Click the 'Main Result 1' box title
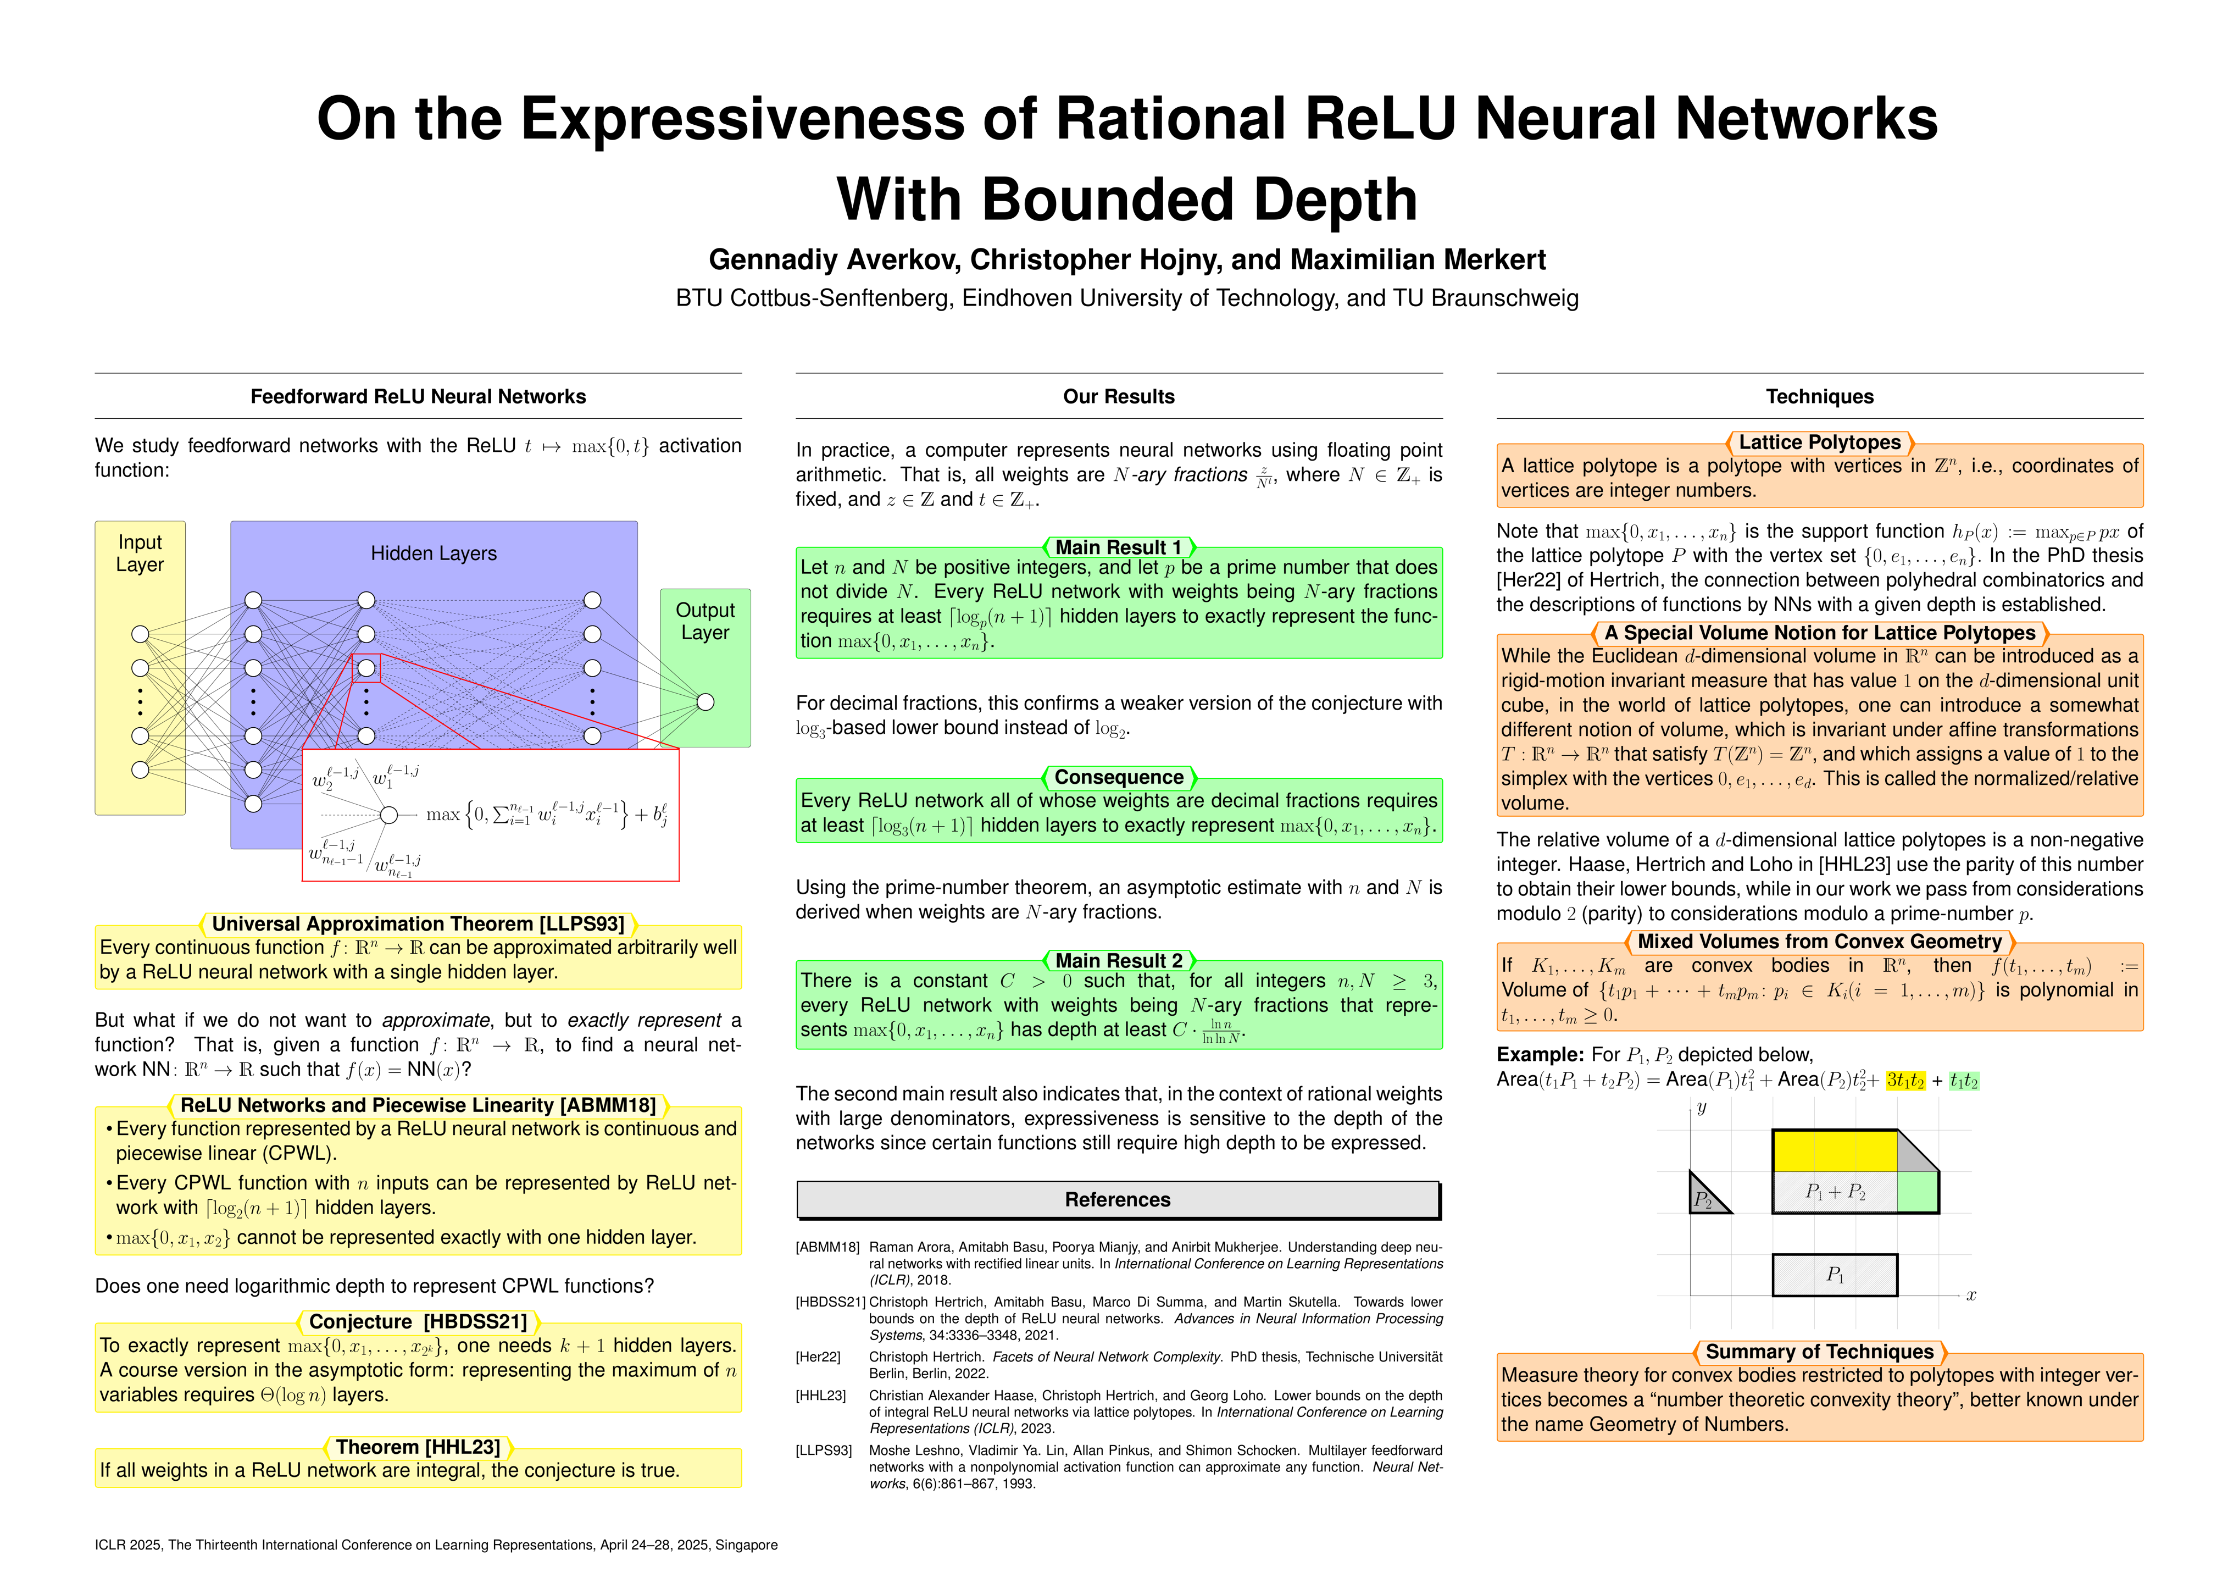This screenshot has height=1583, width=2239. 1119,547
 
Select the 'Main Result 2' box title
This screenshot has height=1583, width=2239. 1119,961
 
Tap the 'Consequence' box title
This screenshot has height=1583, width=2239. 1119,777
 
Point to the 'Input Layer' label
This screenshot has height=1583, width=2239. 140,553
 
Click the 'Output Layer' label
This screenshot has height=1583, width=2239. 705,621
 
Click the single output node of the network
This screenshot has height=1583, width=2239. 705,702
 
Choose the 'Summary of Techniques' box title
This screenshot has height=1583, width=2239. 1820,1352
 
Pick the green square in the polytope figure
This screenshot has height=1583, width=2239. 1917,1192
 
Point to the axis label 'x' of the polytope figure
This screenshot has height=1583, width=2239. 1971,1296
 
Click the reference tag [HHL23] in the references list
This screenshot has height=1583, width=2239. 821,1396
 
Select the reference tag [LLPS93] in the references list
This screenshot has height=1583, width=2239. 824,1451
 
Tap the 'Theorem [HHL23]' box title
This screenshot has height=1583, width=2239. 418,1447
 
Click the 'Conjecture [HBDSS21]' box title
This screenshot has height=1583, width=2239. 418,1321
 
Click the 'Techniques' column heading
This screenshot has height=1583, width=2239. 1820,396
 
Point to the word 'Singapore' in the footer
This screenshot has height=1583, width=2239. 746,1545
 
